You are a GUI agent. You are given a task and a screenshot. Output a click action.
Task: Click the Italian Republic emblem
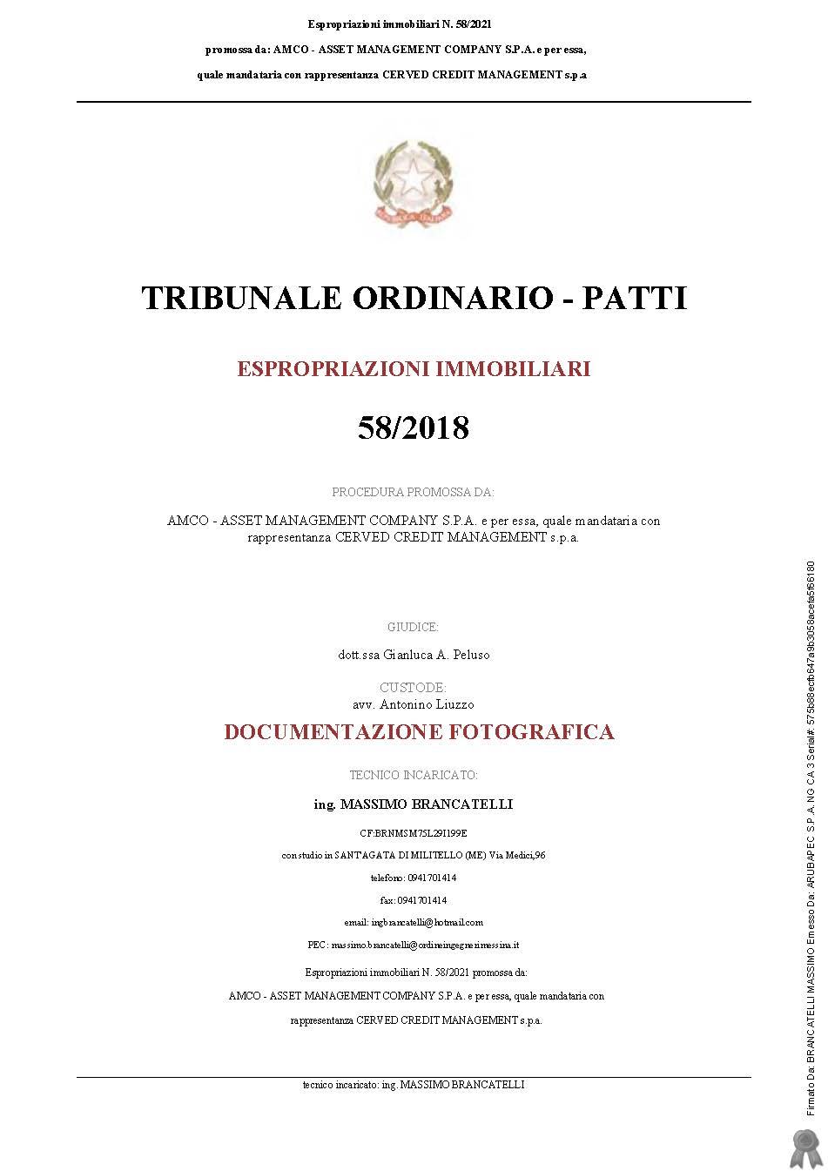point(413,184)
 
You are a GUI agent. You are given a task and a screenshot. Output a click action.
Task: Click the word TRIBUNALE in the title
point(240,298)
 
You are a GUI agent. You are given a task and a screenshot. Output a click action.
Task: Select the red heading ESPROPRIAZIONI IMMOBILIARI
point(414,369)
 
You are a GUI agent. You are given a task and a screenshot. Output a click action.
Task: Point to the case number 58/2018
point(413,427)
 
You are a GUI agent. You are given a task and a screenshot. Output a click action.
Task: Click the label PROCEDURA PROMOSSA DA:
point(413,493)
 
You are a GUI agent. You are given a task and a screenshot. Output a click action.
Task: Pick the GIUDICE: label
point(413,627)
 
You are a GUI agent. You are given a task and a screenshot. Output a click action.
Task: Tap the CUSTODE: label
point(413,688)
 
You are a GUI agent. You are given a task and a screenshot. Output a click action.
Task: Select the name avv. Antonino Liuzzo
point(414,704)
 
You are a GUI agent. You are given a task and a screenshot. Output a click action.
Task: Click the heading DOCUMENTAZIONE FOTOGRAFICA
point(419,732)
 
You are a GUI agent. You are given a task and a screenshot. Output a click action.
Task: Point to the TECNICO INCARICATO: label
point(414,775)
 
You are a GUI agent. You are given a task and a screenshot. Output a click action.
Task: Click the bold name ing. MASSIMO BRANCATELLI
point(414,804)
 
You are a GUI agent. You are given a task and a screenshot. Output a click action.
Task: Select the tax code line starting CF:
point(414,833)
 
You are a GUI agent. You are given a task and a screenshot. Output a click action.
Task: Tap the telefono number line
point(414,878)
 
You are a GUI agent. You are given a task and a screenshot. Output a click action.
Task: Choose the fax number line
point(414,900)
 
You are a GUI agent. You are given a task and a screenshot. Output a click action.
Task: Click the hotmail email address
point(427,922)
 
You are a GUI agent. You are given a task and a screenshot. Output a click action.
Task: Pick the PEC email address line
point(414,945)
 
